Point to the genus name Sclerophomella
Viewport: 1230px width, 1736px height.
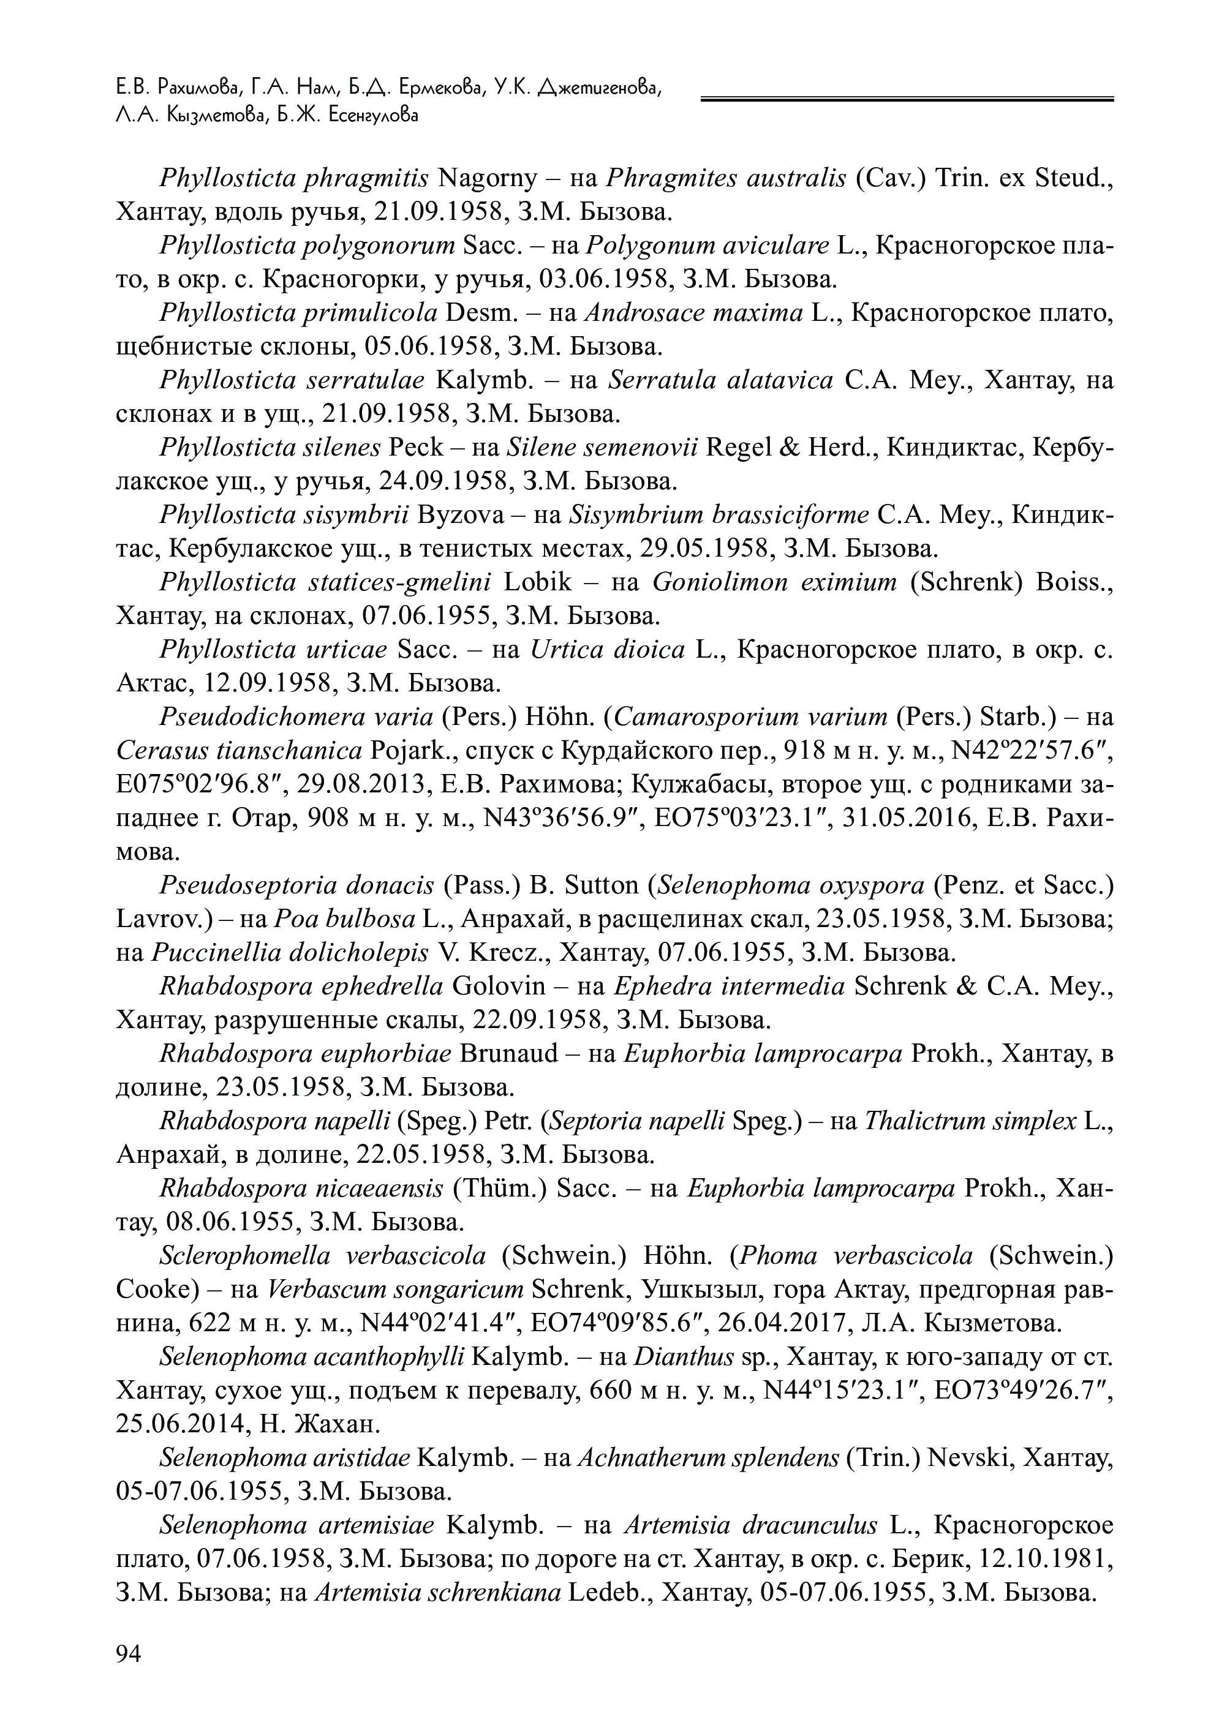[x=246, y=1256]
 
